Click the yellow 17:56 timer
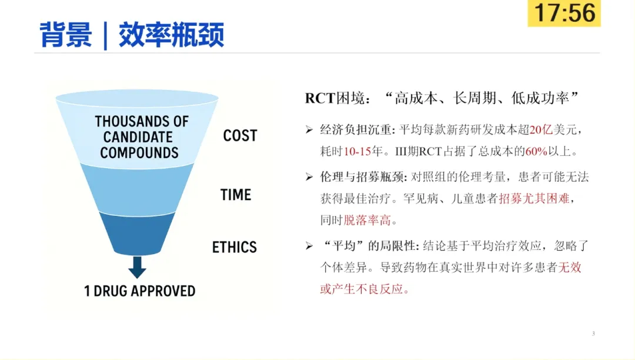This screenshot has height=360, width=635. click(564, 13)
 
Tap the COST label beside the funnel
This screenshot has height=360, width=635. click(240, 136)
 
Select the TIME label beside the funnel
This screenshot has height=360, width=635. click(236, 195)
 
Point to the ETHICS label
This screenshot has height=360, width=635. click(235, 247)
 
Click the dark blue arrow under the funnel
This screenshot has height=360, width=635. click(137, 267)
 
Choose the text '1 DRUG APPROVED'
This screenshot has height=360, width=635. click(140, 291)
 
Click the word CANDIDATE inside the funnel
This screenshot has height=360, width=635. click(138, 137)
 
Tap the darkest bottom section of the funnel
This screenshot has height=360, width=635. click(137, 234)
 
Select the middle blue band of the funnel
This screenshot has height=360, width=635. click(137, 189)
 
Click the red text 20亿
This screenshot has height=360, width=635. click(541, 130)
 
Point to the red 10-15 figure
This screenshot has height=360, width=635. click(357, 151)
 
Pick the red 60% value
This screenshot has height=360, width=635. click(536, 151)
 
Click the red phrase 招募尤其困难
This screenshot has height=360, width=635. click(534, 198)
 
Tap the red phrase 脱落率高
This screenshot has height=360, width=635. click(367, 220)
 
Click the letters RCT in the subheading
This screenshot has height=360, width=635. click(320, 98)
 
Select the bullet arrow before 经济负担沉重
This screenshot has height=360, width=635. click(309, 129)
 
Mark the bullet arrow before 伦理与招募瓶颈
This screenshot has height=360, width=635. click(309, 177)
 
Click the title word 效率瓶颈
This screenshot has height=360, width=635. click(171, 35)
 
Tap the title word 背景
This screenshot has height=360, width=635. click(66, 35)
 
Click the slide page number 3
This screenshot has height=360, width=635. click(593, 334)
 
